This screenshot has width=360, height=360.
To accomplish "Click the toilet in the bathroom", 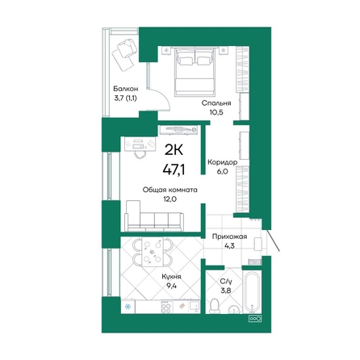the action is (x=215, y=306).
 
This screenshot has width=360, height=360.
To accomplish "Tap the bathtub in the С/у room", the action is (x=252, y=292).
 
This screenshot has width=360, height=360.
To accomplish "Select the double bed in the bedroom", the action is (x=195, y=72).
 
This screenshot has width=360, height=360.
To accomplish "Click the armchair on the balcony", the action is (x=128, y=48).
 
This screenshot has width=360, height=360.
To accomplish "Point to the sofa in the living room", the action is (x=154, y=216).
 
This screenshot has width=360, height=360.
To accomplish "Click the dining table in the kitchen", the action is (x=153, y=252).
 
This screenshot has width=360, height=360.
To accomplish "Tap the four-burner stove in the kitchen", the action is (x=166, y=308).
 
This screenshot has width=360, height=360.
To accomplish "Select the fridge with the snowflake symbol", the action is (x=128, y=307).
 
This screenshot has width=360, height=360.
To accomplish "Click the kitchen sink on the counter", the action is (x=195, y=307).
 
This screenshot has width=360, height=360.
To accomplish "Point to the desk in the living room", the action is (x=140, y=144).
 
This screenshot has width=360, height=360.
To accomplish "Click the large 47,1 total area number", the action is (x=174, y=170).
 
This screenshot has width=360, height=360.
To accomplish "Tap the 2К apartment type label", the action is (x=174, y=150).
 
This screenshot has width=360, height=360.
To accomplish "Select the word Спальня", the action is (x=216, y=103).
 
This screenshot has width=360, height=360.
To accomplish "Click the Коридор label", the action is (x=222, y=162).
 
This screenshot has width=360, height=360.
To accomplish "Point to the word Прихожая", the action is (x=229, y=237).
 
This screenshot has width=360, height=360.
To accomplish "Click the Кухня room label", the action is (x=171, y=277).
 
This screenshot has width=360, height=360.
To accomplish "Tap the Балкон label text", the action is (x=126, y=89).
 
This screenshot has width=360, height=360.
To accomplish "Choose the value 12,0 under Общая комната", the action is (x=170, y=199).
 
